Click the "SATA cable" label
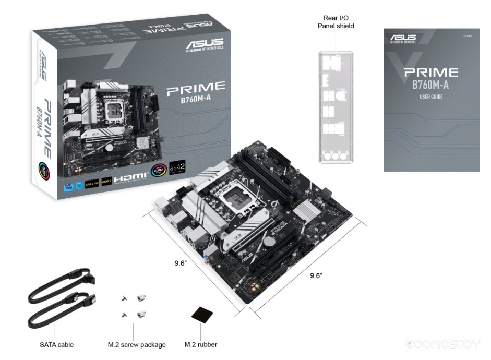pyautogui.click(x=56, y=344)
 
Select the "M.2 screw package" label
pyautogui.click(x=137, y=344)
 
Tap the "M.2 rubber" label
pyautogui.click(x=201, y=344)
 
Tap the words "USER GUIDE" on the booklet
pyautogui.click(x=431, y=97)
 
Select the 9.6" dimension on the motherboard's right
pyautogui.click(x=316, y=275)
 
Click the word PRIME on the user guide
pyautogui.click(x=431, y=73)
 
